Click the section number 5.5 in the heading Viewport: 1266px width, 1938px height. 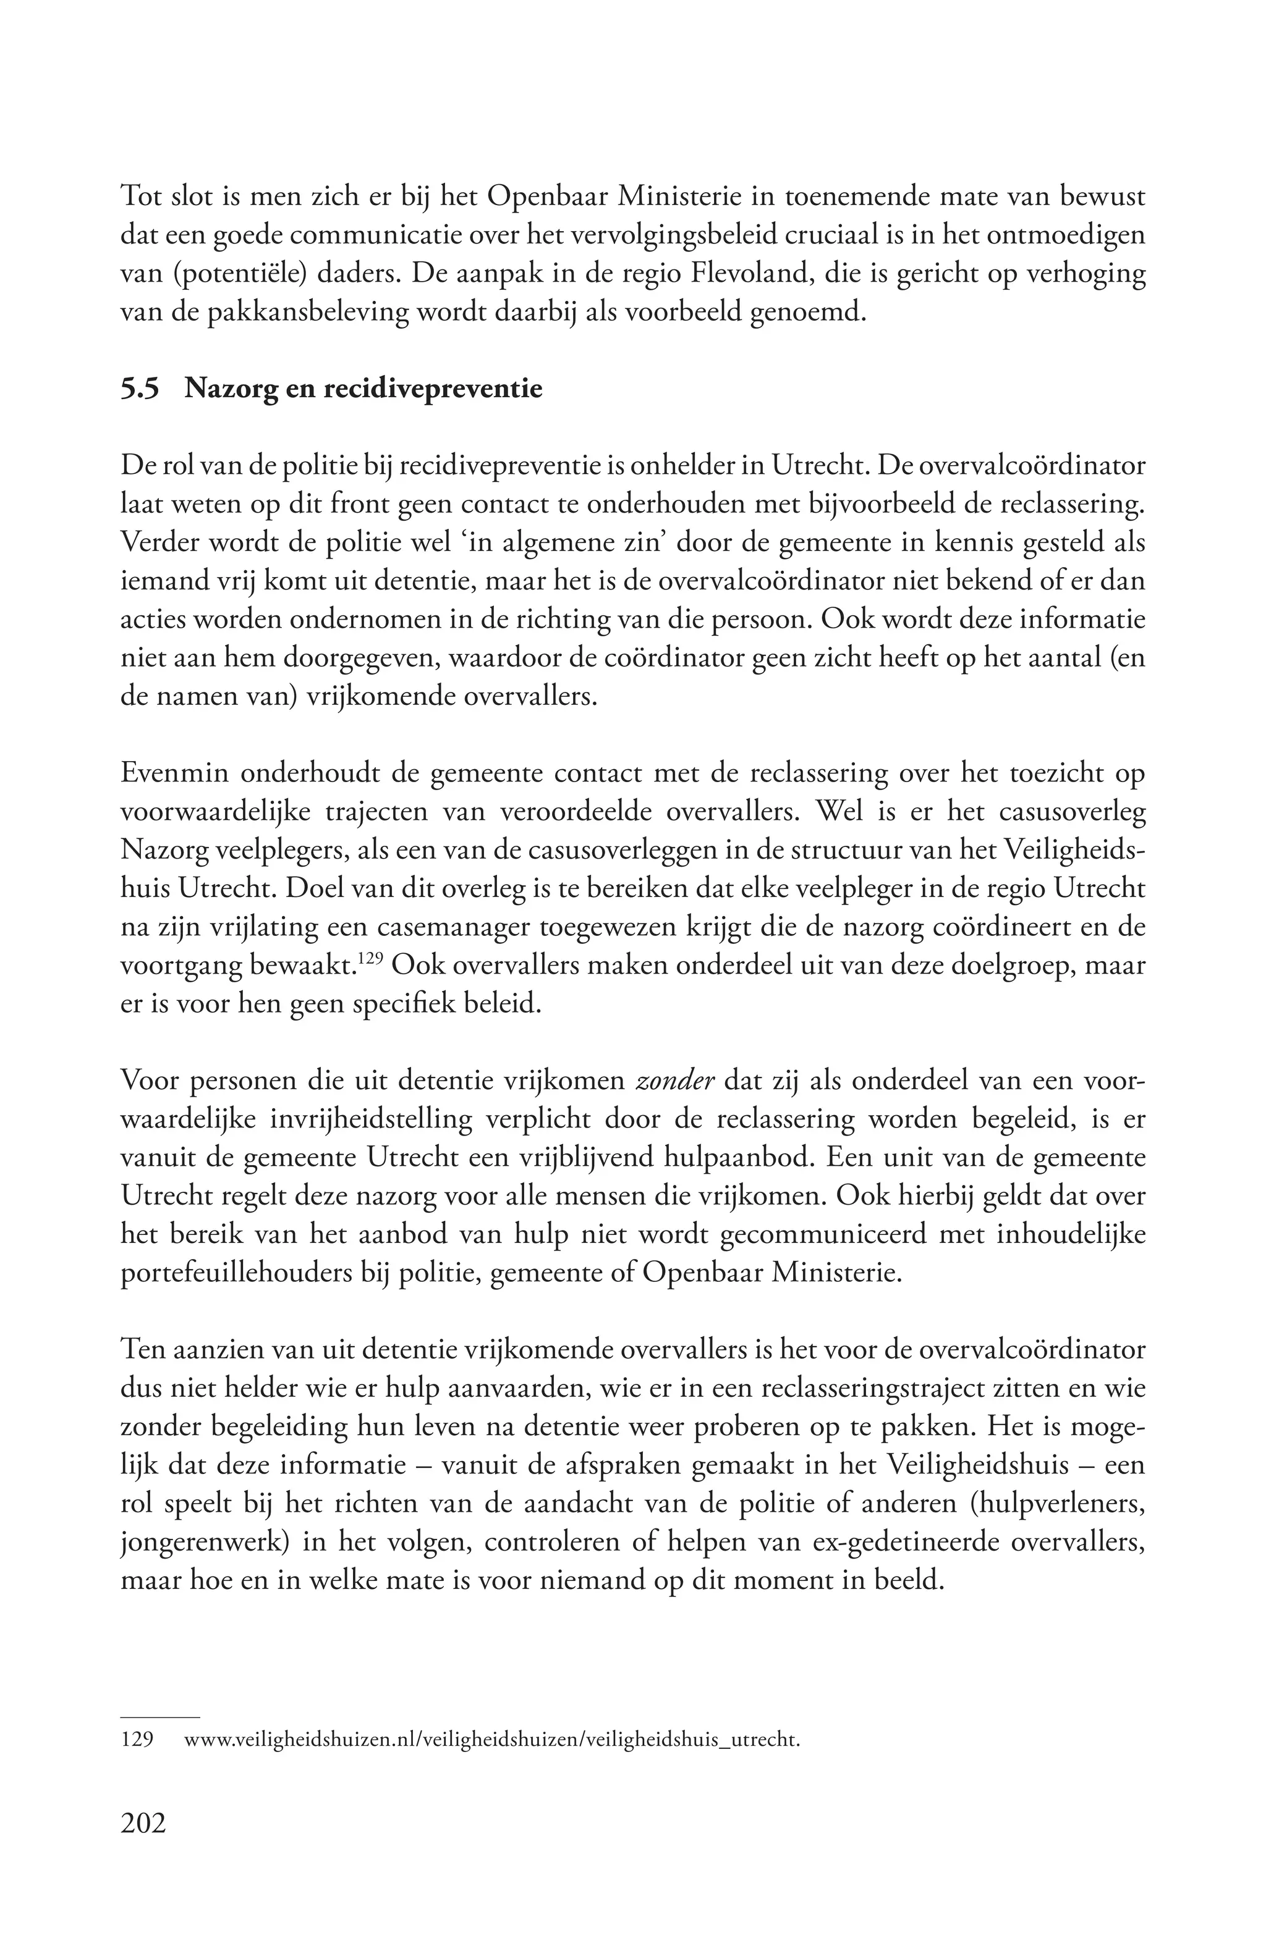140,389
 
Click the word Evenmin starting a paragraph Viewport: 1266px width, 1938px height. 171,773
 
